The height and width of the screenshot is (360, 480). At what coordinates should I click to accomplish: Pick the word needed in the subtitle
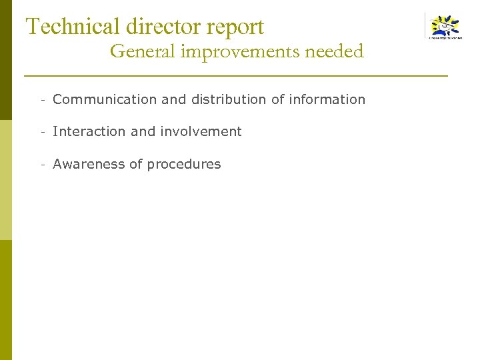336,51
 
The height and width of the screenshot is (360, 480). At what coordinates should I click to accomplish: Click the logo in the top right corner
445,27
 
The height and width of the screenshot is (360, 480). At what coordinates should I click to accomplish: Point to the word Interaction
89,132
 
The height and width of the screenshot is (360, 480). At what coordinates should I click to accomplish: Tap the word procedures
184,165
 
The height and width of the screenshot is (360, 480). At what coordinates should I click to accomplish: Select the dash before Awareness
42,165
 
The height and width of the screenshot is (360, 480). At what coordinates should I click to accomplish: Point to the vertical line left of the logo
425,27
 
